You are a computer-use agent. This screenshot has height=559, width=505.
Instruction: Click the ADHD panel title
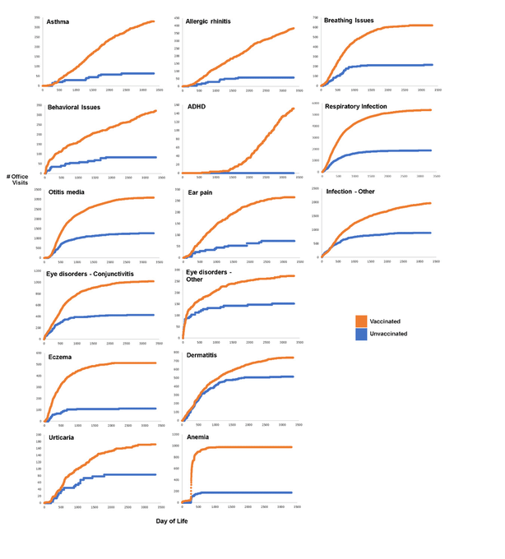pos(196,107)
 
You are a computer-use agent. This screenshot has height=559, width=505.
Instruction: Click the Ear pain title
pos(201,193)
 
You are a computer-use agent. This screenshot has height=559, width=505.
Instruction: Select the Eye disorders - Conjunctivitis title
pos(90,271)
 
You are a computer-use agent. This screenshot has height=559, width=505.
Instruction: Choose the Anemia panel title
pos(198,437)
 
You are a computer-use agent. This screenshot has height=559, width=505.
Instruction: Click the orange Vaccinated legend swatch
pos(361,321)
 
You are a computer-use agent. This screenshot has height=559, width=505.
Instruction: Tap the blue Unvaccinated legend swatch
pos(361,335)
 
